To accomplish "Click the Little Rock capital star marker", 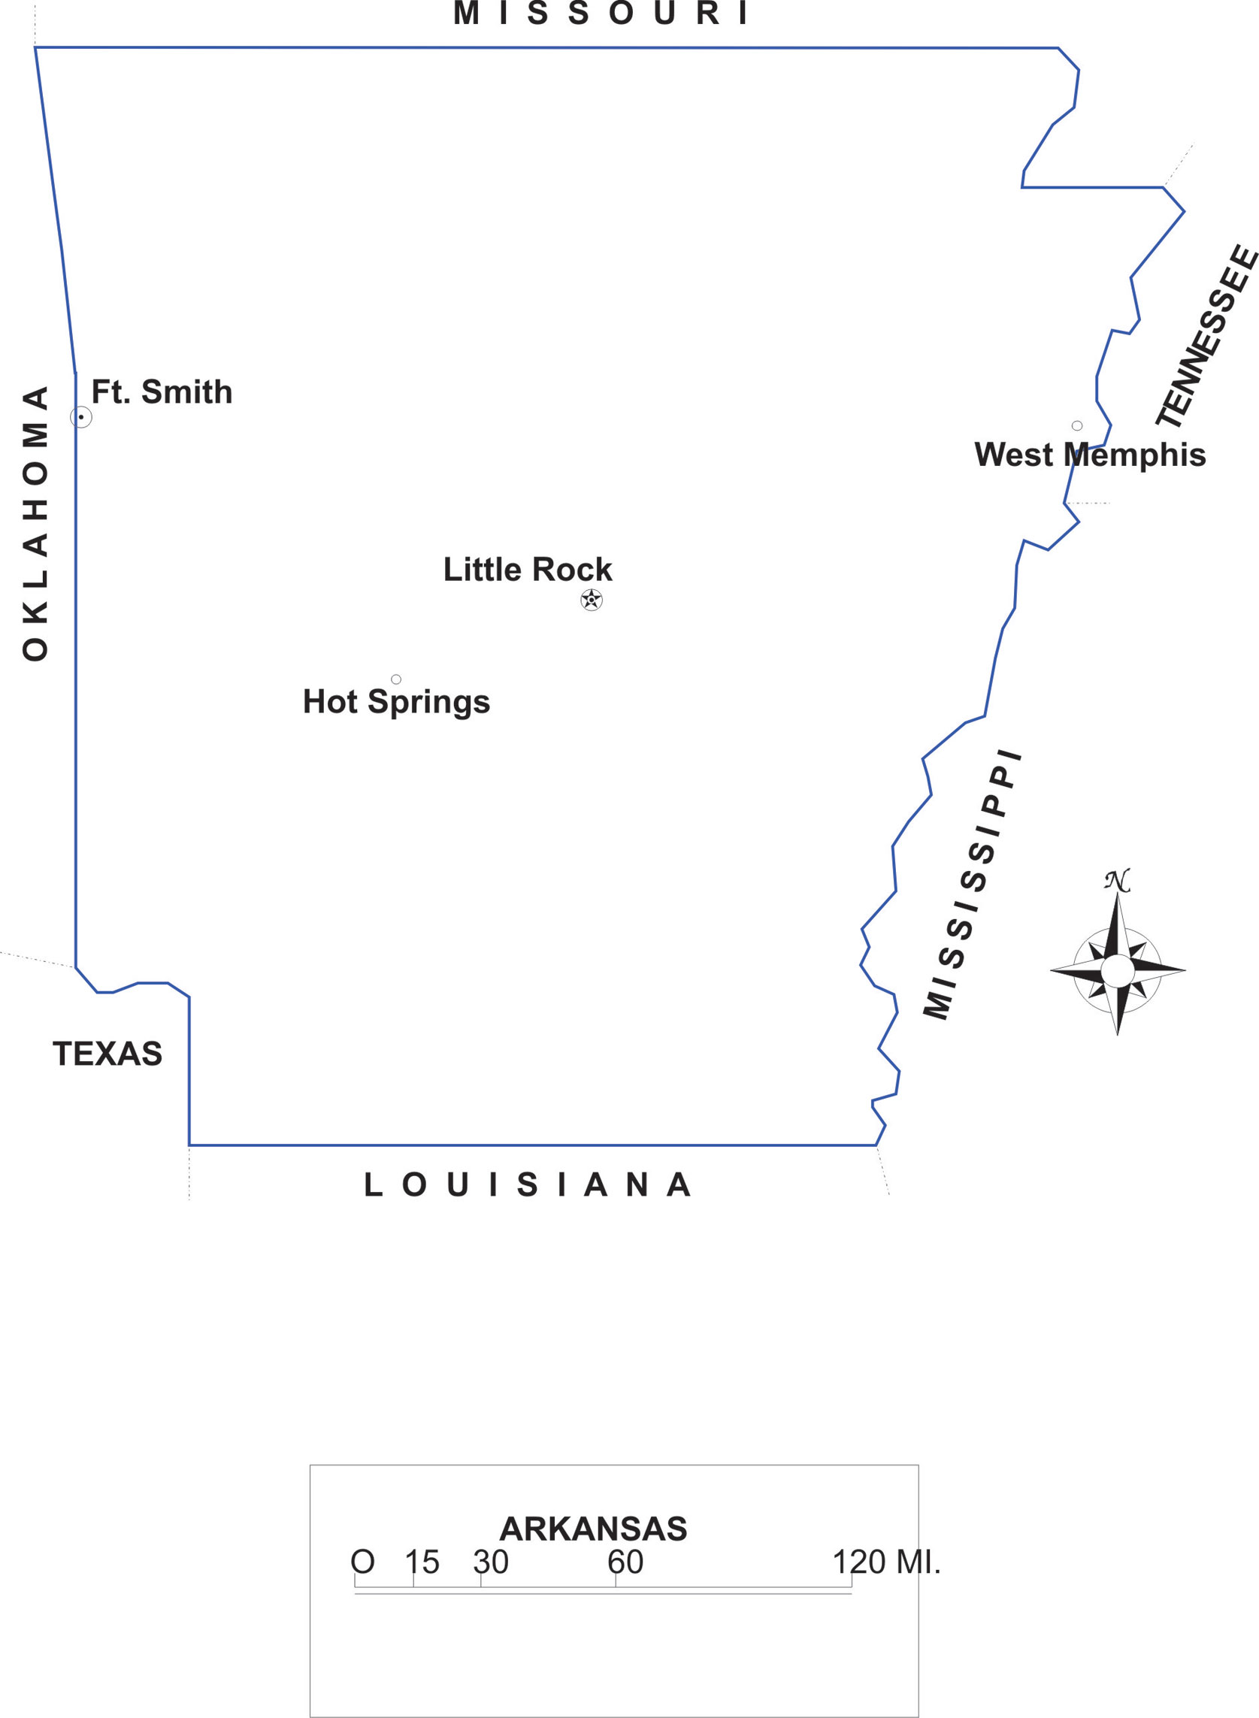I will click(x=592, y=600).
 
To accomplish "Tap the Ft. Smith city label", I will click(x=162, y=392).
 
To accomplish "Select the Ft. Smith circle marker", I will click(x=80, y=417).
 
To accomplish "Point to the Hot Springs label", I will click(x=396, y=702).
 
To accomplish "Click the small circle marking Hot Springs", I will click(x=396, y=679).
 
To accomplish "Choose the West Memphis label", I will click(x=1090, y=455).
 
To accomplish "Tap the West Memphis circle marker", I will click(x=1077, y=426).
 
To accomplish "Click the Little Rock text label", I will click(x=528, y=570).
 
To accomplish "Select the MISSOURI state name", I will click(x=601, y=14).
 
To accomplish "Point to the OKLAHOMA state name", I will click(x=35, y=523).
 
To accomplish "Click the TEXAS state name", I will click(x=107, y=1054).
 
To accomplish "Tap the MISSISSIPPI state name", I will click(x=973, y=885).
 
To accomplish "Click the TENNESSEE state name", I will click(x=1207, y=336).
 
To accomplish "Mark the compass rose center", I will click(x=1117, y=971).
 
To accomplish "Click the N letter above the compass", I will click(x=1117, y=881).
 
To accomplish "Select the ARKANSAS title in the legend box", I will click(x=593, y=1529).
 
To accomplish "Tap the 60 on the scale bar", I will click(x=625, y=1562).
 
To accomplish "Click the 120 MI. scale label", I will click(x=886, y=1562).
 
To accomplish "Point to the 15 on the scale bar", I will click(x=422, y=1562).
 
